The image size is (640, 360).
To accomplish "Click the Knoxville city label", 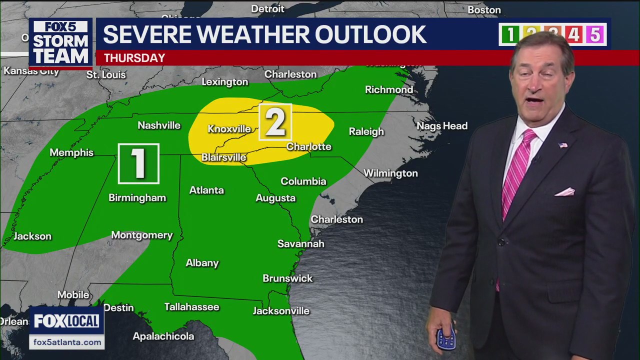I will [229, 129].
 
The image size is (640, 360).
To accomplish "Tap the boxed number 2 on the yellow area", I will [275, 122].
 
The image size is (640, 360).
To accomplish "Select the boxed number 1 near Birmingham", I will [138, 163].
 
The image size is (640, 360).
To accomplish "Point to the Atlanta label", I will [206, 190].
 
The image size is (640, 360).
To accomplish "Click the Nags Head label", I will [442, 126].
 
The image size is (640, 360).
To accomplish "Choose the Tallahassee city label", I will [192, 307].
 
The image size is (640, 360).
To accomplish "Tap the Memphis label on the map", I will [71, 152].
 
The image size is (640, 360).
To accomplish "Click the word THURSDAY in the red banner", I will [134, 58].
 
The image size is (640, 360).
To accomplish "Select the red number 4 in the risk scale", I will [573, 34].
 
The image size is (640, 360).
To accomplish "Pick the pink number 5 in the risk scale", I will [595, 34].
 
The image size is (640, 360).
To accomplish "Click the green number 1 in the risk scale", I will [510, 34].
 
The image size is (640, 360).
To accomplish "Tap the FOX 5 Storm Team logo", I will [60, 43].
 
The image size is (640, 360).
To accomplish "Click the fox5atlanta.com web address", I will [67, 342].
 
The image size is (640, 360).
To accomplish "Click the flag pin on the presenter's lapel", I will [563, 145].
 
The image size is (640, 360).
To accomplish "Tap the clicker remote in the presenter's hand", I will [445, 337].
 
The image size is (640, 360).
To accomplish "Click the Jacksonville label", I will [281, 311].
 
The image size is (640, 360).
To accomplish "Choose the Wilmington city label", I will [390, 173].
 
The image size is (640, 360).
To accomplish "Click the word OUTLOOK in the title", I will [370, 34].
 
